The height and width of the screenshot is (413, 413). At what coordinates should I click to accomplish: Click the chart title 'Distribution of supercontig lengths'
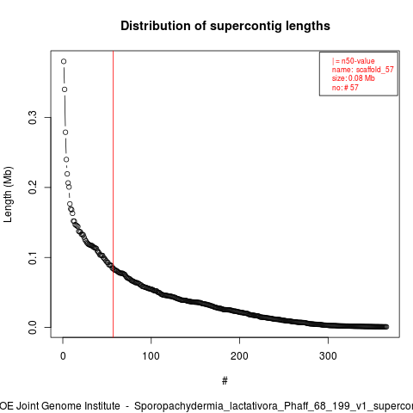click(x=225, y=26)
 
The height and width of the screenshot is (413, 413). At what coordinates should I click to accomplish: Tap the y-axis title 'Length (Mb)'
click(x=8, y=194)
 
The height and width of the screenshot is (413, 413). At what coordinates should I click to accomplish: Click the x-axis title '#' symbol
click(x=225, y=381)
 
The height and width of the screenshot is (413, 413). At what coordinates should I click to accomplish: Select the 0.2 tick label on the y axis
click(x=33, y=188)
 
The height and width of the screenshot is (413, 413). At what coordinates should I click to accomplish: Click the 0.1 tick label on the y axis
click(x=33, y=257)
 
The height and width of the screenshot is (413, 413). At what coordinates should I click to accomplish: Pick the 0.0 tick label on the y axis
click(x=33, y=327)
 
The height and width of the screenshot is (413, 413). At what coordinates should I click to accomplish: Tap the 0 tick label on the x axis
click(x=63, y=356)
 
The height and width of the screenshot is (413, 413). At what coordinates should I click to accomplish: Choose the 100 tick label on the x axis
click(x=151, y=356)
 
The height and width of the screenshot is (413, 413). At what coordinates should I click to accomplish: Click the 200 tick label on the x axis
click(x=239, y=356)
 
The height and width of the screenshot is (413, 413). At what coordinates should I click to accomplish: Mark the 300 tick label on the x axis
click(x=328, y=356)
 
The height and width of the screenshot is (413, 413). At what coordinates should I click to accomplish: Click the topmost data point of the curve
click(x=64, y=61)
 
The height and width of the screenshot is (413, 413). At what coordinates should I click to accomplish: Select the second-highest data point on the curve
click(x=65, y=89)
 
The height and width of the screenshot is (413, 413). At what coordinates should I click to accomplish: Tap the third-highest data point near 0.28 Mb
click(x=65, y=133)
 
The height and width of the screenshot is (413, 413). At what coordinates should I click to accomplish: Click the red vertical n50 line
click(x=114, y=194)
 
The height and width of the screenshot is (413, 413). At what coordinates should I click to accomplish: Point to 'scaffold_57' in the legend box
click(x=375, y=70)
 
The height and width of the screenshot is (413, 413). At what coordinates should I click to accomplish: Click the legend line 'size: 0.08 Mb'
click(x=354, y=78)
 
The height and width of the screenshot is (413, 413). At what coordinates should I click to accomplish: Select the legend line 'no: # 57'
click(x=345, y=87)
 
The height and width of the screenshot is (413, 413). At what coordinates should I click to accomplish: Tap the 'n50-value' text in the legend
click(x=358, y=61)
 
